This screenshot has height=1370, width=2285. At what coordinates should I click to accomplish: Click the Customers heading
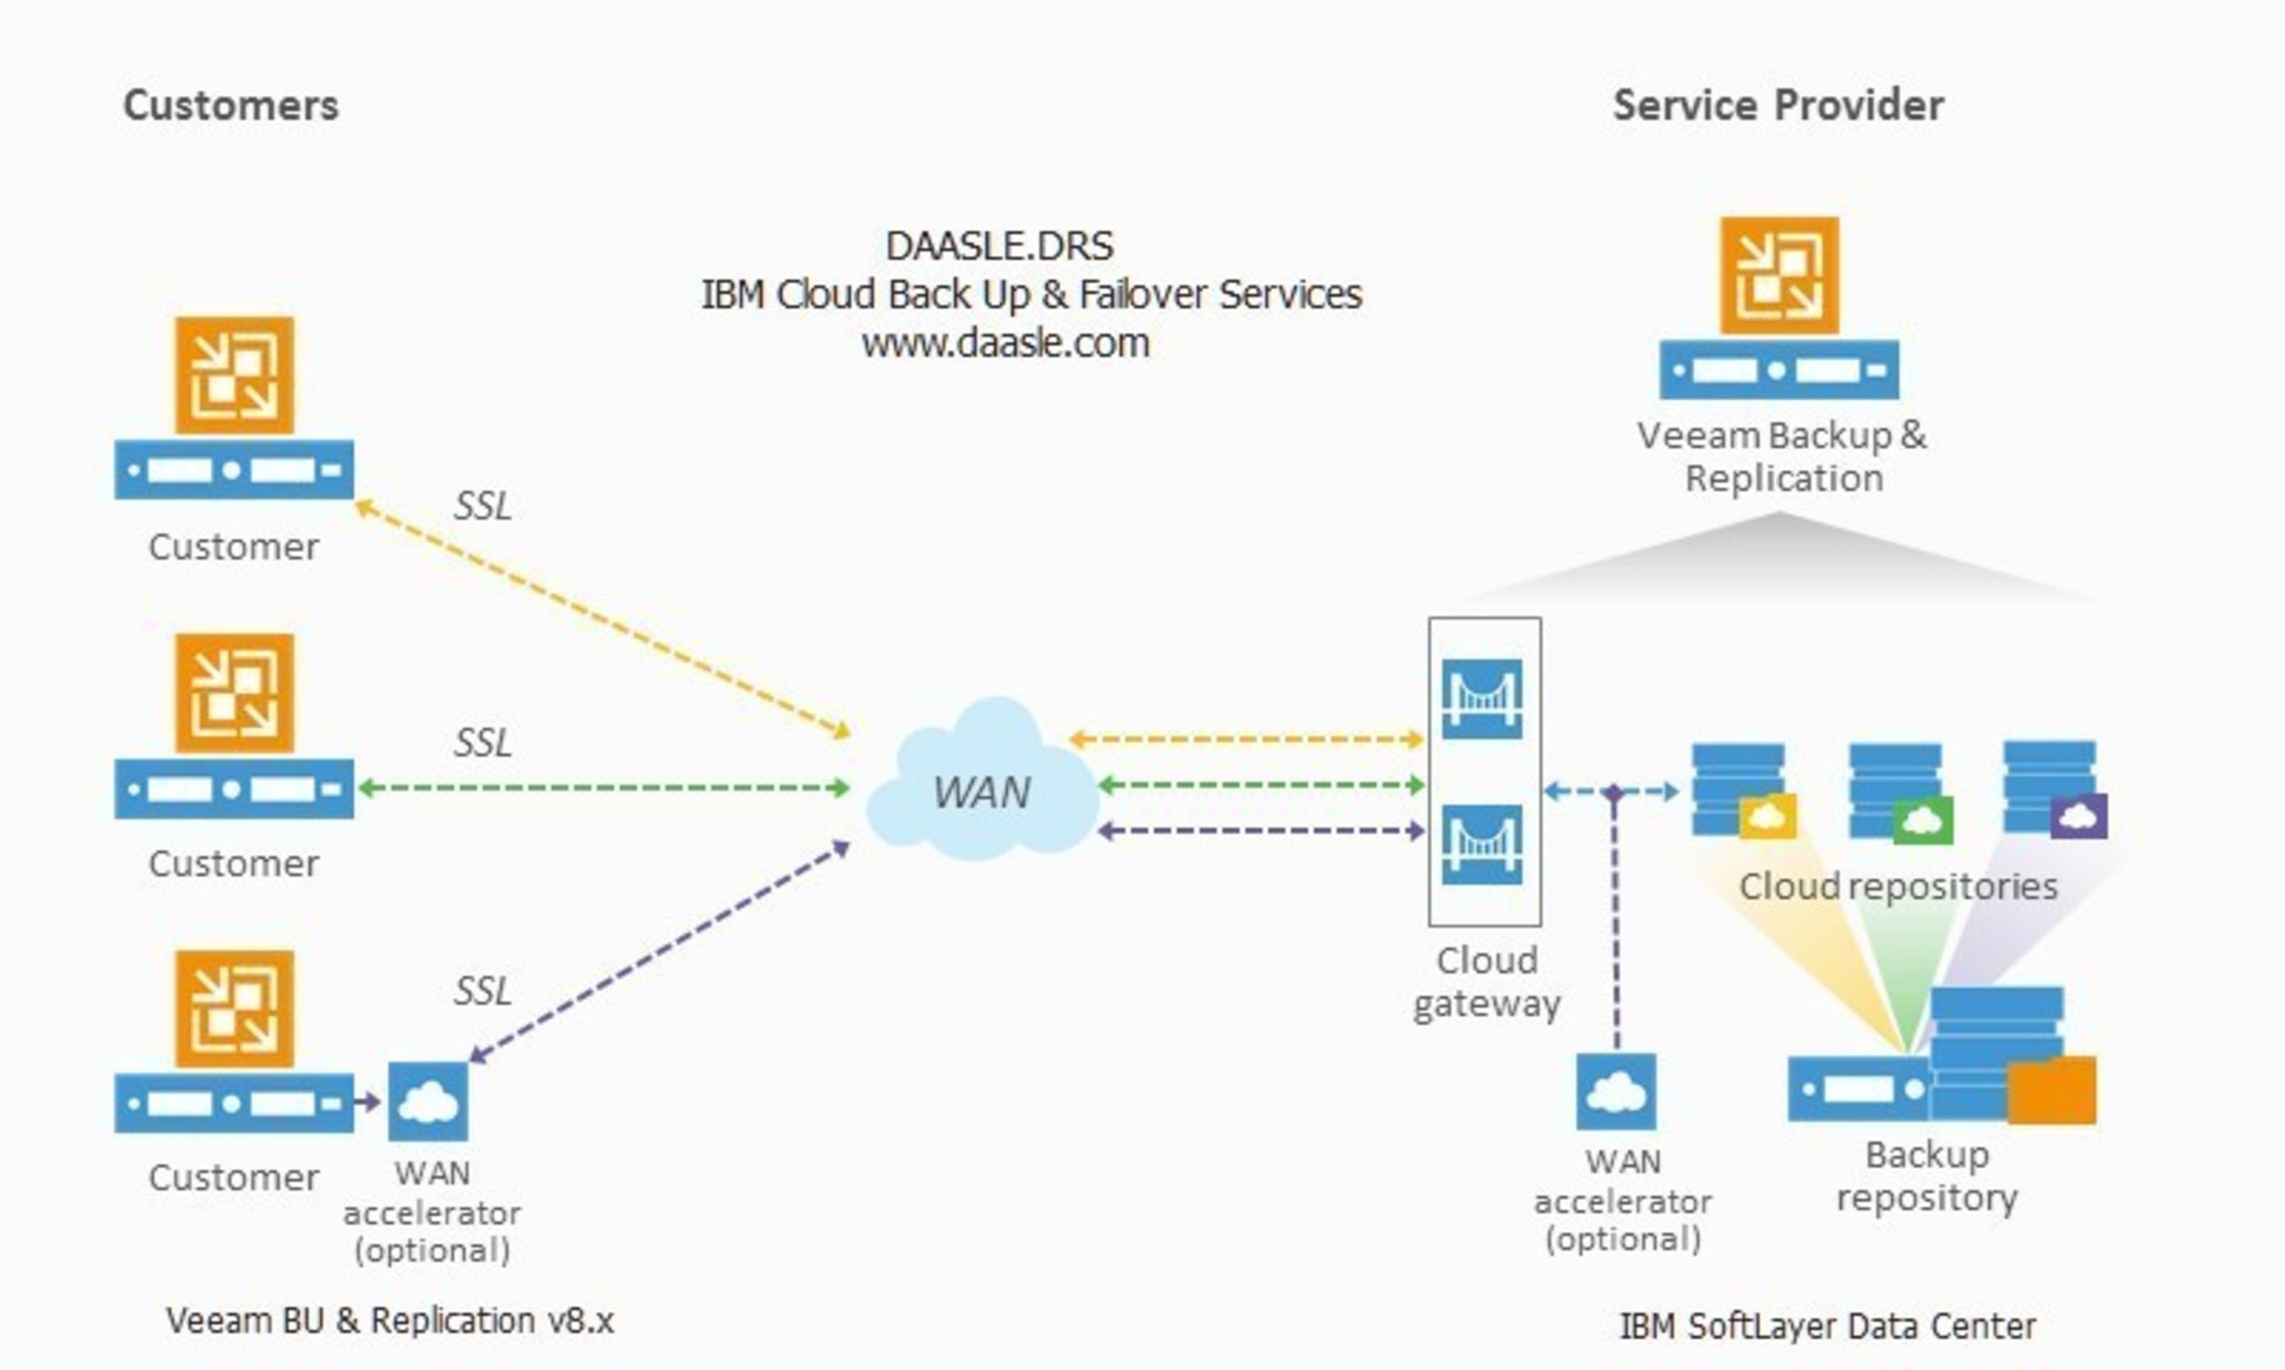pos(231,105)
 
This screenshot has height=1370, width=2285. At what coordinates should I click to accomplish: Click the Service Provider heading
pos(1778,105)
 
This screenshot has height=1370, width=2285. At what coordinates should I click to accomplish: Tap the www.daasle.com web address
pos(1005,343)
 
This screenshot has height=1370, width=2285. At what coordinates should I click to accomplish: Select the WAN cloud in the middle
pos(982,785)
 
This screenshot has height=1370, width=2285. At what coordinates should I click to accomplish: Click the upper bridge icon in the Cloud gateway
pos(1482,699)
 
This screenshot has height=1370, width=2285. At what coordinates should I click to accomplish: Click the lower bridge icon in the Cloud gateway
pos(1482,845)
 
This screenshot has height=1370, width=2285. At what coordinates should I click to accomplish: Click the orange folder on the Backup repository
pos(2051,1091)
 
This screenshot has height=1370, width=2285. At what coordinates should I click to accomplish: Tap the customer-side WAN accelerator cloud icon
pos(427,1101)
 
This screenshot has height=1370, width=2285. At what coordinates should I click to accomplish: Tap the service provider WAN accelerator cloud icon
pos(1616,1092)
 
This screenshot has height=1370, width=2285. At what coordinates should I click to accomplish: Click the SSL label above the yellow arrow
pos(482,506)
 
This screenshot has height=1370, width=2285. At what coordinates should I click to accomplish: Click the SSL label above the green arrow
pos(482,743)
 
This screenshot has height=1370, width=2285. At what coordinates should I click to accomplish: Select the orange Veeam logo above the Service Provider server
pos(1778,275)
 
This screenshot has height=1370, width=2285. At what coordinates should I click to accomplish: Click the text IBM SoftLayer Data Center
pos(1827,1327)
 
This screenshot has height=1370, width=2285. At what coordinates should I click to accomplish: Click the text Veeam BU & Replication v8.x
pos(390,1321)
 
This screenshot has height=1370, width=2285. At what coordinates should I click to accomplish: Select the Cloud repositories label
pos(1898,886)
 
